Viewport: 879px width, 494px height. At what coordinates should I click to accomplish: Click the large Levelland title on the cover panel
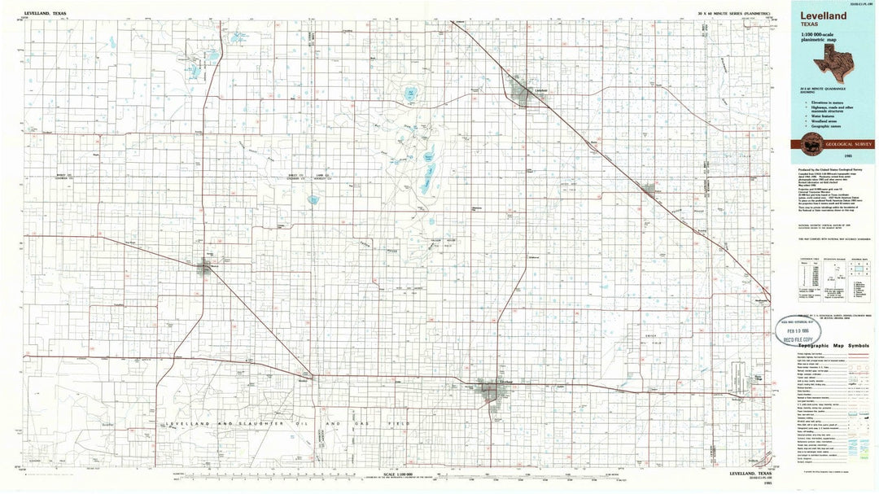823,15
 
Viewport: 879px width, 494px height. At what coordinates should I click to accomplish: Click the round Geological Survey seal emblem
811,144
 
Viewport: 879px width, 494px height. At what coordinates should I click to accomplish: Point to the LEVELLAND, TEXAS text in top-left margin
44,14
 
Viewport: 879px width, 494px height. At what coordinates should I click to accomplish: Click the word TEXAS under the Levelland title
809,25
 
